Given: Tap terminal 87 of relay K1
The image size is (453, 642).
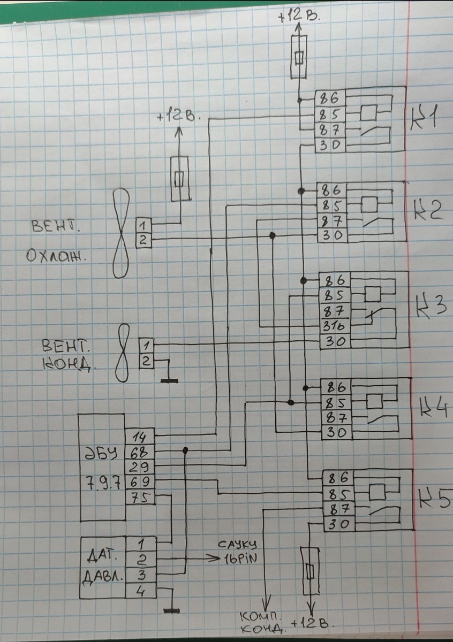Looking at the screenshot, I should point(330,130).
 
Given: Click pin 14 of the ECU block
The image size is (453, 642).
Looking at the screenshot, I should point(140,435).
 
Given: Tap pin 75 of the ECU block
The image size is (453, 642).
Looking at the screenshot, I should point(140,497).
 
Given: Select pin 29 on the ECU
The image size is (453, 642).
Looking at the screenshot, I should point(140,466).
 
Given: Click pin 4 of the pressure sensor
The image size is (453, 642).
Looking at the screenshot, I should point(140,591).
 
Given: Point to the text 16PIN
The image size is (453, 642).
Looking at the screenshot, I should point(238,559).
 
